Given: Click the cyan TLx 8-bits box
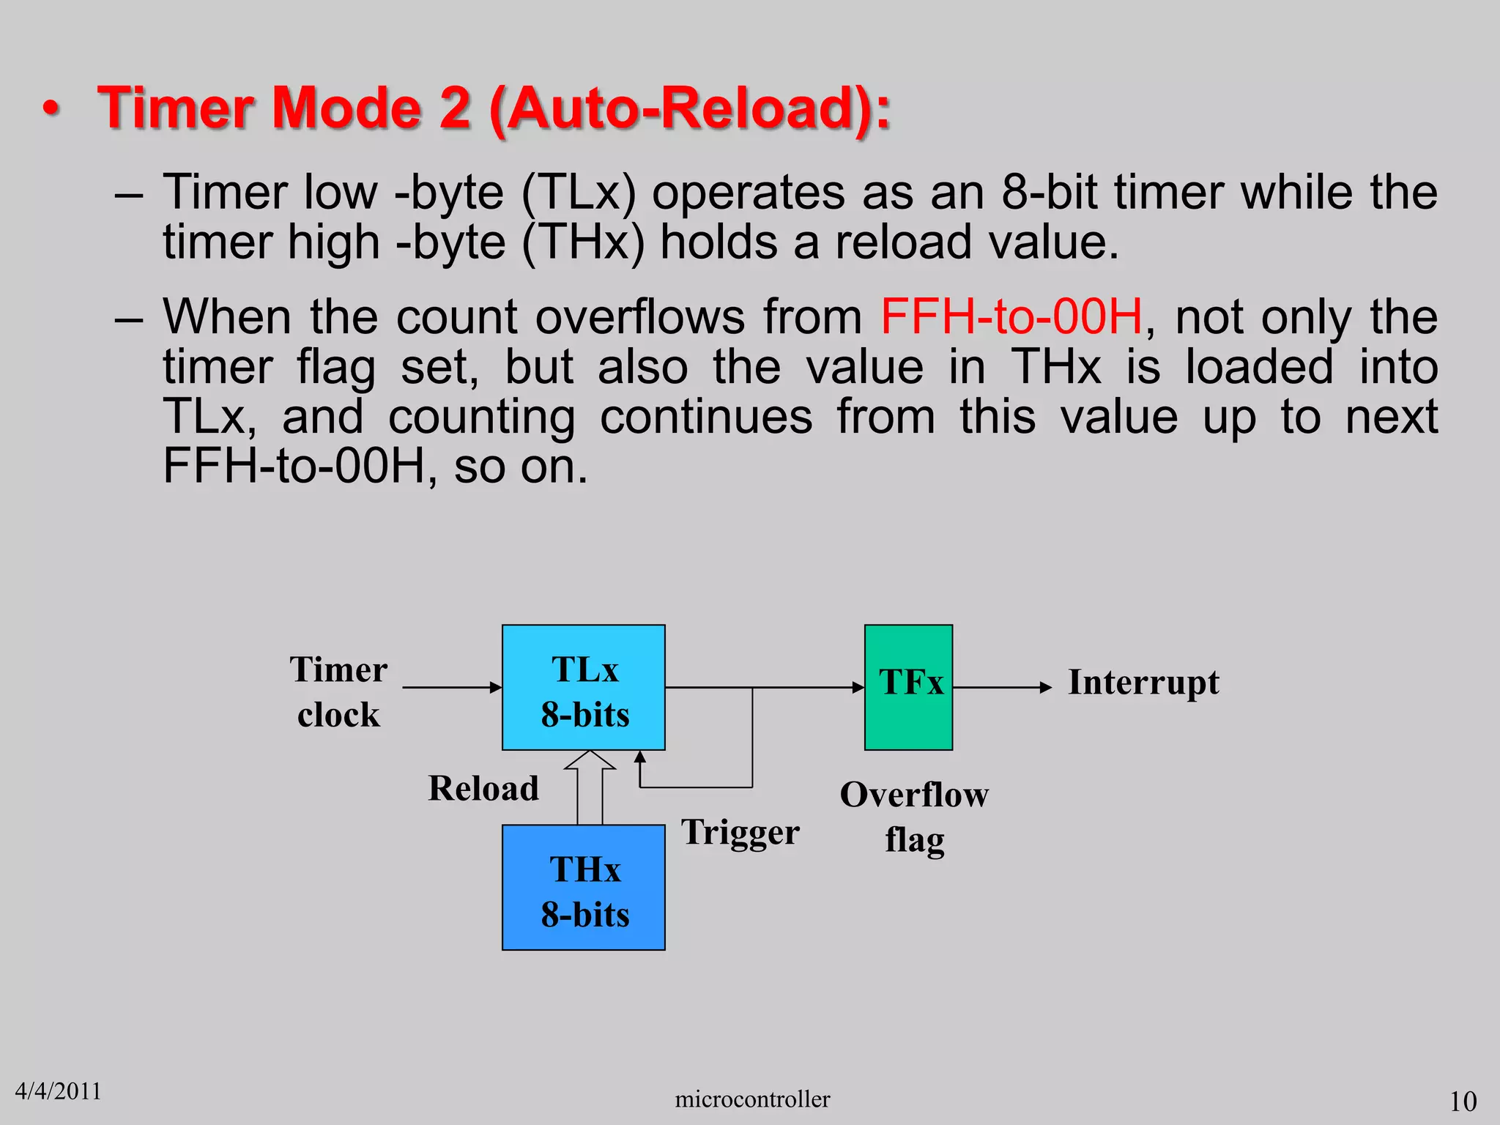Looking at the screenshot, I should point(583,687).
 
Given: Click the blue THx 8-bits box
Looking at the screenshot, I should point(583,888).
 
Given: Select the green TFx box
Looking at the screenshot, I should point(908,687).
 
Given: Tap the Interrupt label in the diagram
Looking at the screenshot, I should point(1143,683).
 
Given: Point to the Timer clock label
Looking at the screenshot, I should point(338,691).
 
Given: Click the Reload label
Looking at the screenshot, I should point(483,789).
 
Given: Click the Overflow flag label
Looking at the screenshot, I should point(914,817).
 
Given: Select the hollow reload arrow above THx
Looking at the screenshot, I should point(590,787).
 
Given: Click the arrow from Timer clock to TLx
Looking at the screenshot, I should point(451,687).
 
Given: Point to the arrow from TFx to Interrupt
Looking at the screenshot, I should point(1002,687).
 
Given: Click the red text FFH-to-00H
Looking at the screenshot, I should point(1011,317).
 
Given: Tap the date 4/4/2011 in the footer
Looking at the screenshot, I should point(58,1091).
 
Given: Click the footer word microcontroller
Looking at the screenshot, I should point(752,1099).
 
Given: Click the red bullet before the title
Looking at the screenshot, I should point(51,109).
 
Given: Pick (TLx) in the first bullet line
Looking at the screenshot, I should point(579,193).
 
